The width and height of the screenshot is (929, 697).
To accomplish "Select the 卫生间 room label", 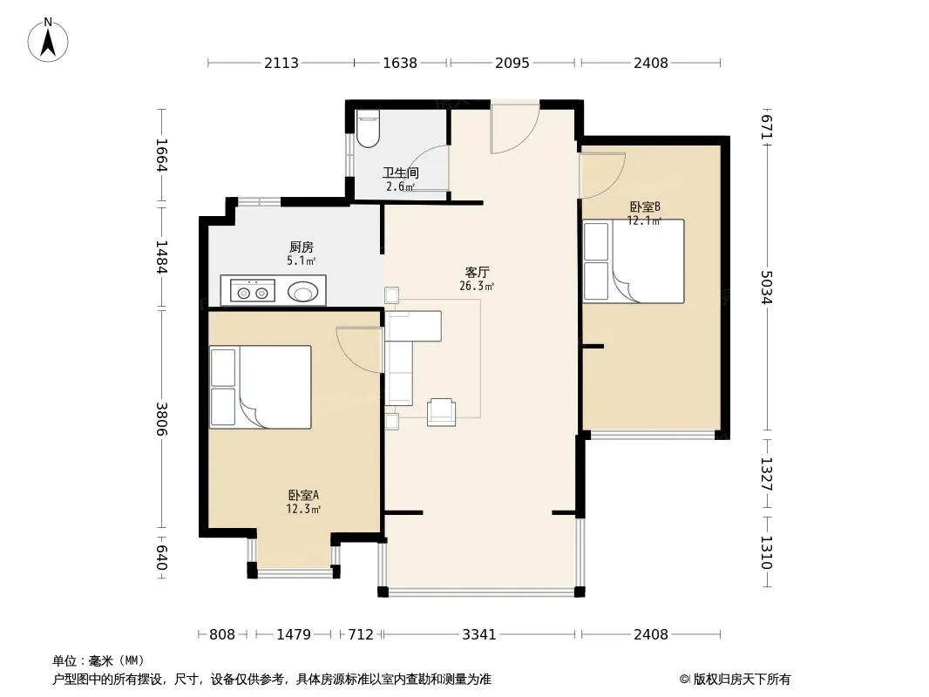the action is pyautogui.click(x=401, y=173).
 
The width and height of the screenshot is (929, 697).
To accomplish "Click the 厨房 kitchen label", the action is pyautogui.click(x=302, y=247).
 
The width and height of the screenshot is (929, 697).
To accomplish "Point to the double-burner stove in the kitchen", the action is pyautogui.click(x=248, y=291).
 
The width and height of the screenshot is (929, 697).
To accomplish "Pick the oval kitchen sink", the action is pyautogui.click(x=303, y=292).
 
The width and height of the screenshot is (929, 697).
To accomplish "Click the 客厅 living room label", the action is pyautogui.click(x=477, y=273).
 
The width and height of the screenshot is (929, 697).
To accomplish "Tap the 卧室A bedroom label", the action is pyautogui.click(x=303, y=495).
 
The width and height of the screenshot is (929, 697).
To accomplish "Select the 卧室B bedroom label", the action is pyautogui.click(x=645, y=206).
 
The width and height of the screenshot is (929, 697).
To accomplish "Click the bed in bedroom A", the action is pyautogui.click(x=261, y=388).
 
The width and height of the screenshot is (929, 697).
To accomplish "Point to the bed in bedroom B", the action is pyautogui.click(x=634, y=261).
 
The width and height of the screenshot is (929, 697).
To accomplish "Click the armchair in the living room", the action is pyautogui.click(x=441, y=411).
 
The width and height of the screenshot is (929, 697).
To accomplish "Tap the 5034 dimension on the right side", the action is pyautogui.click(x=766, y=288).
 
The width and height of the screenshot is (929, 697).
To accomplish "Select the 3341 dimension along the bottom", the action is pyautogui.click(x=478, y=634).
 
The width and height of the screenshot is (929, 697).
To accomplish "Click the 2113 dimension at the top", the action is pyautogui.click(x=281, y=63).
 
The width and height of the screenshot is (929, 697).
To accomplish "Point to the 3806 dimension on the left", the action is pyautogui.click(x=162, y=419).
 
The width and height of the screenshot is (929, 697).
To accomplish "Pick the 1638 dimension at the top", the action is pyautogui.click(x=400, y=63).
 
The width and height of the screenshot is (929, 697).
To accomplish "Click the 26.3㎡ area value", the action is pyautogui.click(x=477, y=287).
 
